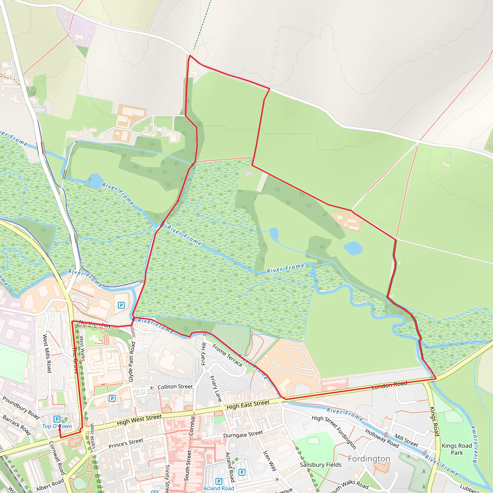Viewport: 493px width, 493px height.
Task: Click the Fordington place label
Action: click(x=369, y=459)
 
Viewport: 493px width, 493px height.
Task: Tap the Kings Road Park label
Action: click(x=457, y=449)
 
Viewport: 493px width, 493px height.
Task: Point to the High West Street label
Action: click(x=139, y=420)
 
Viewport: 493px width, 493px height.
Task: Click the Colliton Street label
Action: click(x=175, y=387)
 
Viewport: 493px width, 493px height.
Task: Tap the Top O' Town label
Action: click(x=57, y=426)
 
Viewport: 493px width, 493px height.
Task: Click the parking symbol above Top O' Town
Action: click(x=57, y=419)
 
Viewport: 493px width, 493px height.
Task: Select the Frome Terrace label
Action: click(x=227, y=356)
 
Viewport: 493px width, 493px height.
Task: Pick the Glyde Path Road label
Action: click(x=131, y=362)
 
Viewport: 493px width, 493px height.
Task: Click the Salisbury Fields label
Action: click(x=320, y=465)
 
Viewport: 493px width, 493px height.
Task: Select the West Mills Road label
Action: click(x=47, y=353)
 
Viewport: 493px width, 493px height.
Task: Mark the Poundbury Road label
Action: click(x=21, y=408)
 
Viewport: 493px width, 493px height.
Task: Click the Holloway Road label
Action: click(x=382, y=438)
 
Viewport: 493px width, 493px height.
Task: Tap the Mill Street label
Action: click(x=406, y=441)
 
